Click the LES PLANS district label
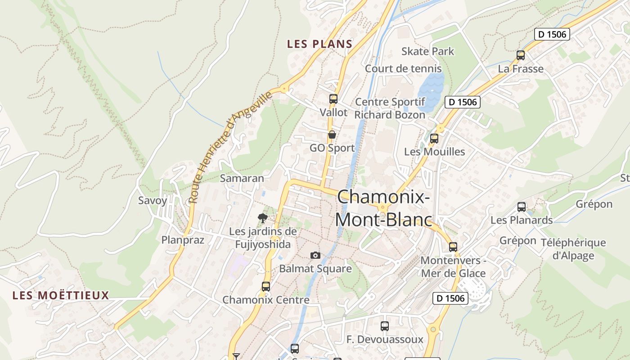point(319,44)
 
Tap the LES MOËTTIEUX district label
point(61,296)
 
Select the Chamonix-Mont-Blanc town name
point(383,208)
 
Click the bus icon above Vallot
point(333,99)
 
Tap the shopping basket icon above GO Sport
point(332,135)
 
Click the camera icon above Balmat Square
point(315,256)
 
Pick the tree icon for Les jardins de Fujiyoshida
point(263,219)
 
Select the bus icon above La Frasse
point(521,55)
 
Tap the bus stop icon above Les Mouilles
point(434,139)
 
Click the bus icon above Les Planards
point(522,207)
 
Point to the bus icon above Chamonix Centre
point(266,286)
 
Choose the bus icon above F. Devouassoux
point(385,326)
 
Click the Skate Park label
point(427,51)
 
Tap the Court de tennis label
point(403,69)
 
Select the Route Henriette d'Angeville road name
point(230,147)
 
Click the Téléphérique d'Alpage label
point(573,249)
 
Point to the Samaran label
point(242,178)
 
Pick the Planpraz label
point(183,240)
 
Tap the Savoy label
point(153,201)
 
